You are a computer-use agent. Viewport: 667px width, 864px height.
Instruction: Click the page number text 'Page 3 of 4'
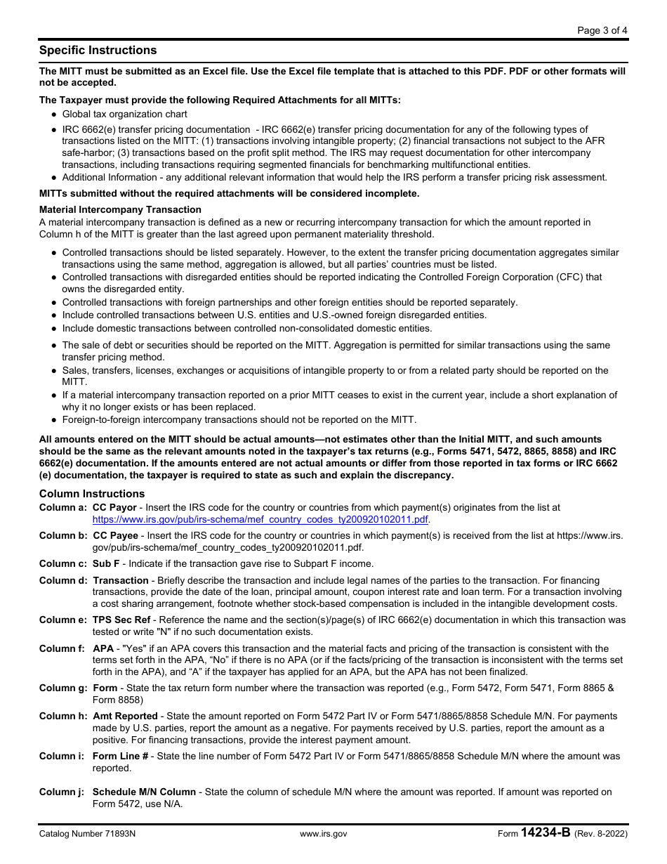(x=602, y=30)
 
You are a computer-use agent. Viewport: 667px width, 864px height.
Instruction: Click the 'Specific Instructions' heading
(x=98, y=51)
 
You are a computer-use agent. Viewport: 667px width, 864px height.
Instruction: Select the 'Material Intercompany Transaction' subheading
(x=120, y=209)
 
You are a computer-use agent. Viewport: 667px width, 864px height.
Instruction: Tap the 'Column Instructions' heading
(x=92, y=494)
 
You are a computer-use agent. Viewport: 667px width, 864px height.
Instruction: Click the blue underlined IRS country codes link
(x=260, y=520)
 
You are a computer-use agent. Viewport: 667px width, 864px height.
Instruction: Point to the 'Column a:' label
(x=63, y=507)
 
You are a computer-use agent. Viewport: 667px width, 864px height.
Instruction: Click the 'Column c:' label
(x=63, y=563)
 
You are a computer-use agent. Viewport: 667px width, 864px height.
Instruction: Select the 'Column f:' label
(x=62, y=648)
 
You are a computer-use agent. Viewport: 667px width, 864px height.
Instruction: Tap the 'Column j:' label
(x=62, y=792)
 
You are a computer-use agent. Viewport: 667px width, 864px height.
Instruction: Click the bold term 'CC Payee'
(x=115, y=535)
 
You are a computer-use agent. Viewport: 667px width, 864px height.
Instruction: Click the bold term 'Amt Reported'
(x=126, y=716)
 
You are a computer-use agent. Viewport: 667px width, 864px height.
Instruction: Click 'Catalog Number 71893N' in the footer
(x=88, y=834)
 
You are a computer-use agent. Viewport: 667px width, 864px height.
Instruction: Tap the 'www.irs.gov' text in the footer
(x=323, y=834)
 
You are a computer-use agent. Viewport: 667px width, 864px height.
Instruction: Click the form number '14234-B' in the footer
(x=546, y=833)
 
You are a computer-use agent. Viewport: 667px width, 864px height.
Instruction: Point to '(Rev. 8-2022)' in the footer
(x=601, y=834)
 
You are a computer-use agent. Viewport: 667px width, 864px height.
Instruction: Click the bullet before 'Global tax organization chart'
(x=54, y=114)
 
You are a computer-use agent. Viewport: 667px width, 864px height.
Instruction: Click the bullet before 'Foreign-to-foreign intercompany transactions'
(x=54, y=421)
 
